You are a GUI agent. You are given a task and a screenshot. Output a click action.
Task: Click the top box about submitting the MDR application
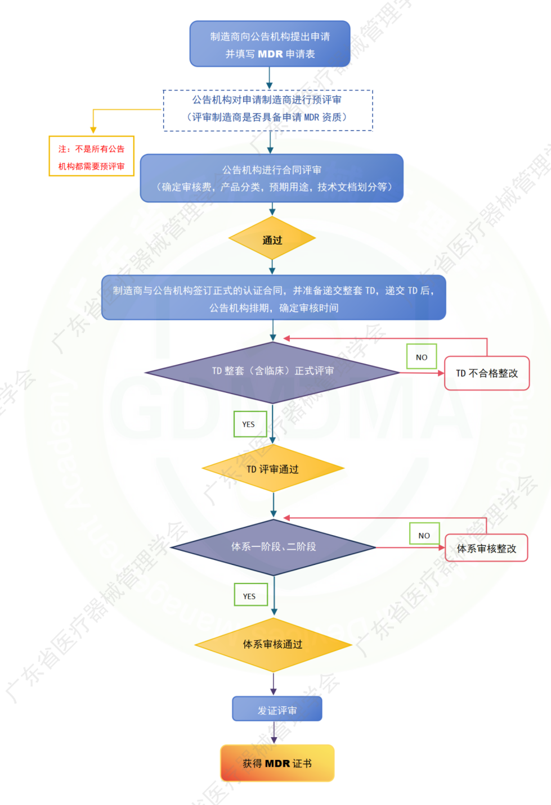coord(270,44)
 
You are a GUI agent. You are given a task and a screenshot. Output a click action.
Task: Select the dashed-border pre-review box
coord(268,110)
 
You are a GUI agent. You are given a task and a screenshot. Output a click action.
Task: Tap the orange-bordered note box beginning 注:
coord(91,156)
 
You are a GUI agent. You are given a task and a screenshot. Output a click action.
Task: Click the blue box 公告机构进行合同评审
coord(272,178)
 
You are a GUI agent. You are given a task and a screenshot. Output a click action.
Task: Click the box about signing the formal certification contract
coord(274,298)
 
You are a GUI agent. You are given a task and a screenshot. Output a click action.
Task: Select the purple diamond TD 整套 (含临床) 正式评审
coord(272,372)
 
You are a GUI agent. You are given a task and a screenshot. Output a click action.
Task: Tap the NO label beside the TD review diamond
coord(422,357)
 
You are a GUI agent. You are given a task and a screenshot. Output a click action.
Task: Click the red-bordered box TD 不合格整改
coord(487,373)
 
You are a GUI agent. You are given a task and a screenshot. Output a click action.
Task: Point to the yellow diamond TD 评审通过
coord(273,469)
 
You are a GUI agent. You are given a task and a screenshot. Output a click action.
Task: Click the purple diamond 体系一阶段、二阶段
coord(274,547)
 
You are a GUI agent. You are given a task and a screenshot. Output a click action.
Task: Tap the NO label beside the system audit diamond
coord(424,535)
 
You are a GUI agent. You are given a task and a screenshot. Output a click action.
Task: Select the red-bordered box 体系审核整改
coord(486,548)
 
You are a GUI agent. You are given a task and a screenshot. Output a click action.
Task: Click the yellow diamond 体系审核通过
coord(273,644)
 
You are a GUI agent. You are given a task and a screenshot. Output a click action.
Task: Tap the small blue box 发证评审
coord(277,709)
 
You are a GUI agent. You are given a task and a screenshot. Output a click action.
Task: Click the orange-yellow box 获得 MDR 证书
coord(277,763)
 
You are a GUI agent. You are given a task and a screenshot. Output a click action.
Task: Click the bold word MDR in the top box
coord(270,55)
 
